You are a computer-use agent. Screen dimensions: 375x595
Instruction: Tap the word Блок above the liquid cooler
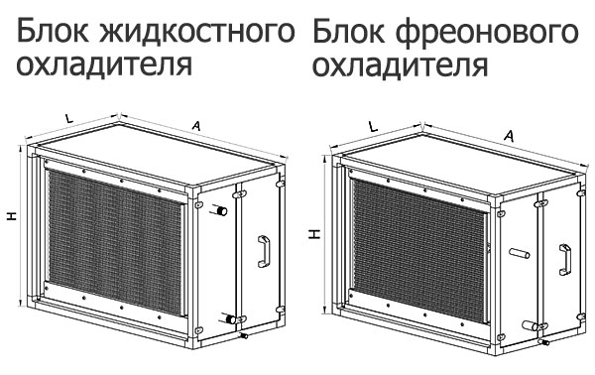point(51,35)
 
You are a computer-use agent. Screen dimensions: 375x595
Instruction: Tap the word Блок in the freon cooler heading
point(347,35)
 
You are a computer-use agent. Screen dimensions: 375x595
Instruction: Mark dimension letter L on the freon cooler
point(371,127)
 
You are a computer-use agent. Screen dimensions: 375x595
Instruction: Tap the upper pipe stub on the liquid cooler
point(224,211)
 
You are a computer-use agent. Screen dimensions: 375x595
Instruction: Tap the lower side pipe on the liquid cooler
point(232,319)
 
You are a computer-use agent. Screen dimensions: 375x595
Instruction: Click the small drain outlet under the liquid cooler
point(243,338)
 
